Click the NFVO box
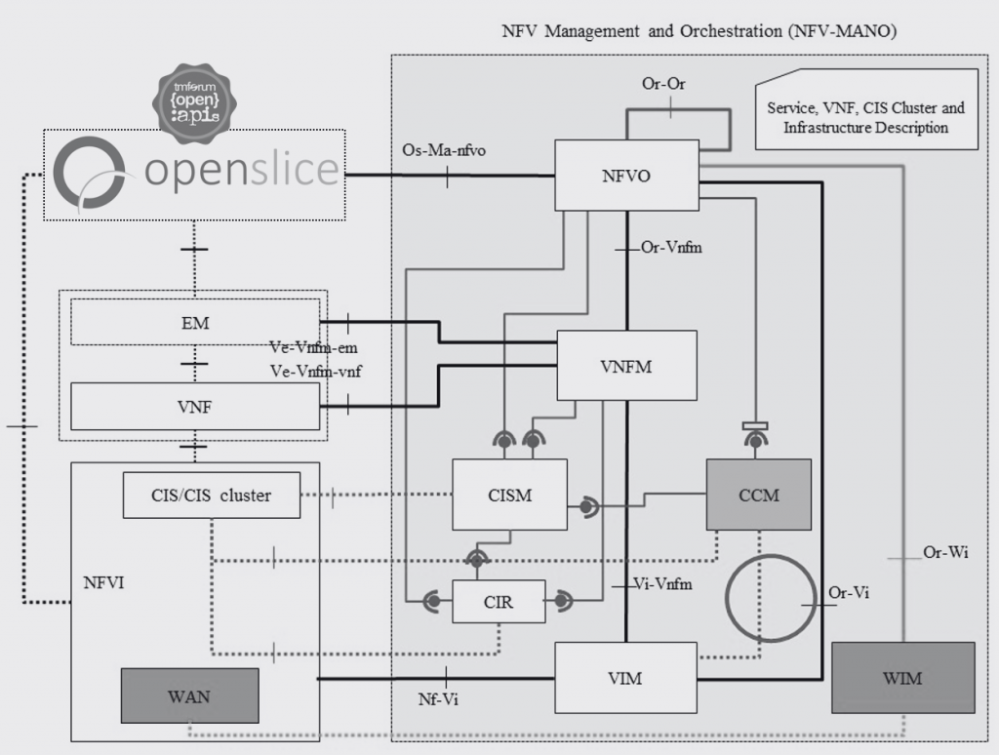[627, 176]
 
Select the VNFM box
[627, 366]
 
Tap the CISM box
[509, 495]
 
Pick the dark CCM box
[759, 495]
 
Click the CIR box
[499, 602]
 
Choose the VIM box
[625, 677]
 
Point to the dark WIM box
[903, 677]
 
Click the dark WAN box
[190, 695]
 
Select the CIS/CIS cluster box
[212, 496]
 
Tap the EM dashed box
[195, 323]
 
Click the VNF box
[195, 407]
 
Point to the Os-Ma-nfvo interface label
[444, 150]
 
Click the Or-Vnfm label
[671, 247]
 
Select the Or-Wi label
[945, 552]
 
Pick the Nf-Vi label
[438, 699]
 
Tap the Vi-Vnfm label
[662, 583]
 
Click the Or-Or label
[663, 84]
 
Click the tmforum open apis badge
[194, 102]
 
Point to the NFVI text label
[103, 583]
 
